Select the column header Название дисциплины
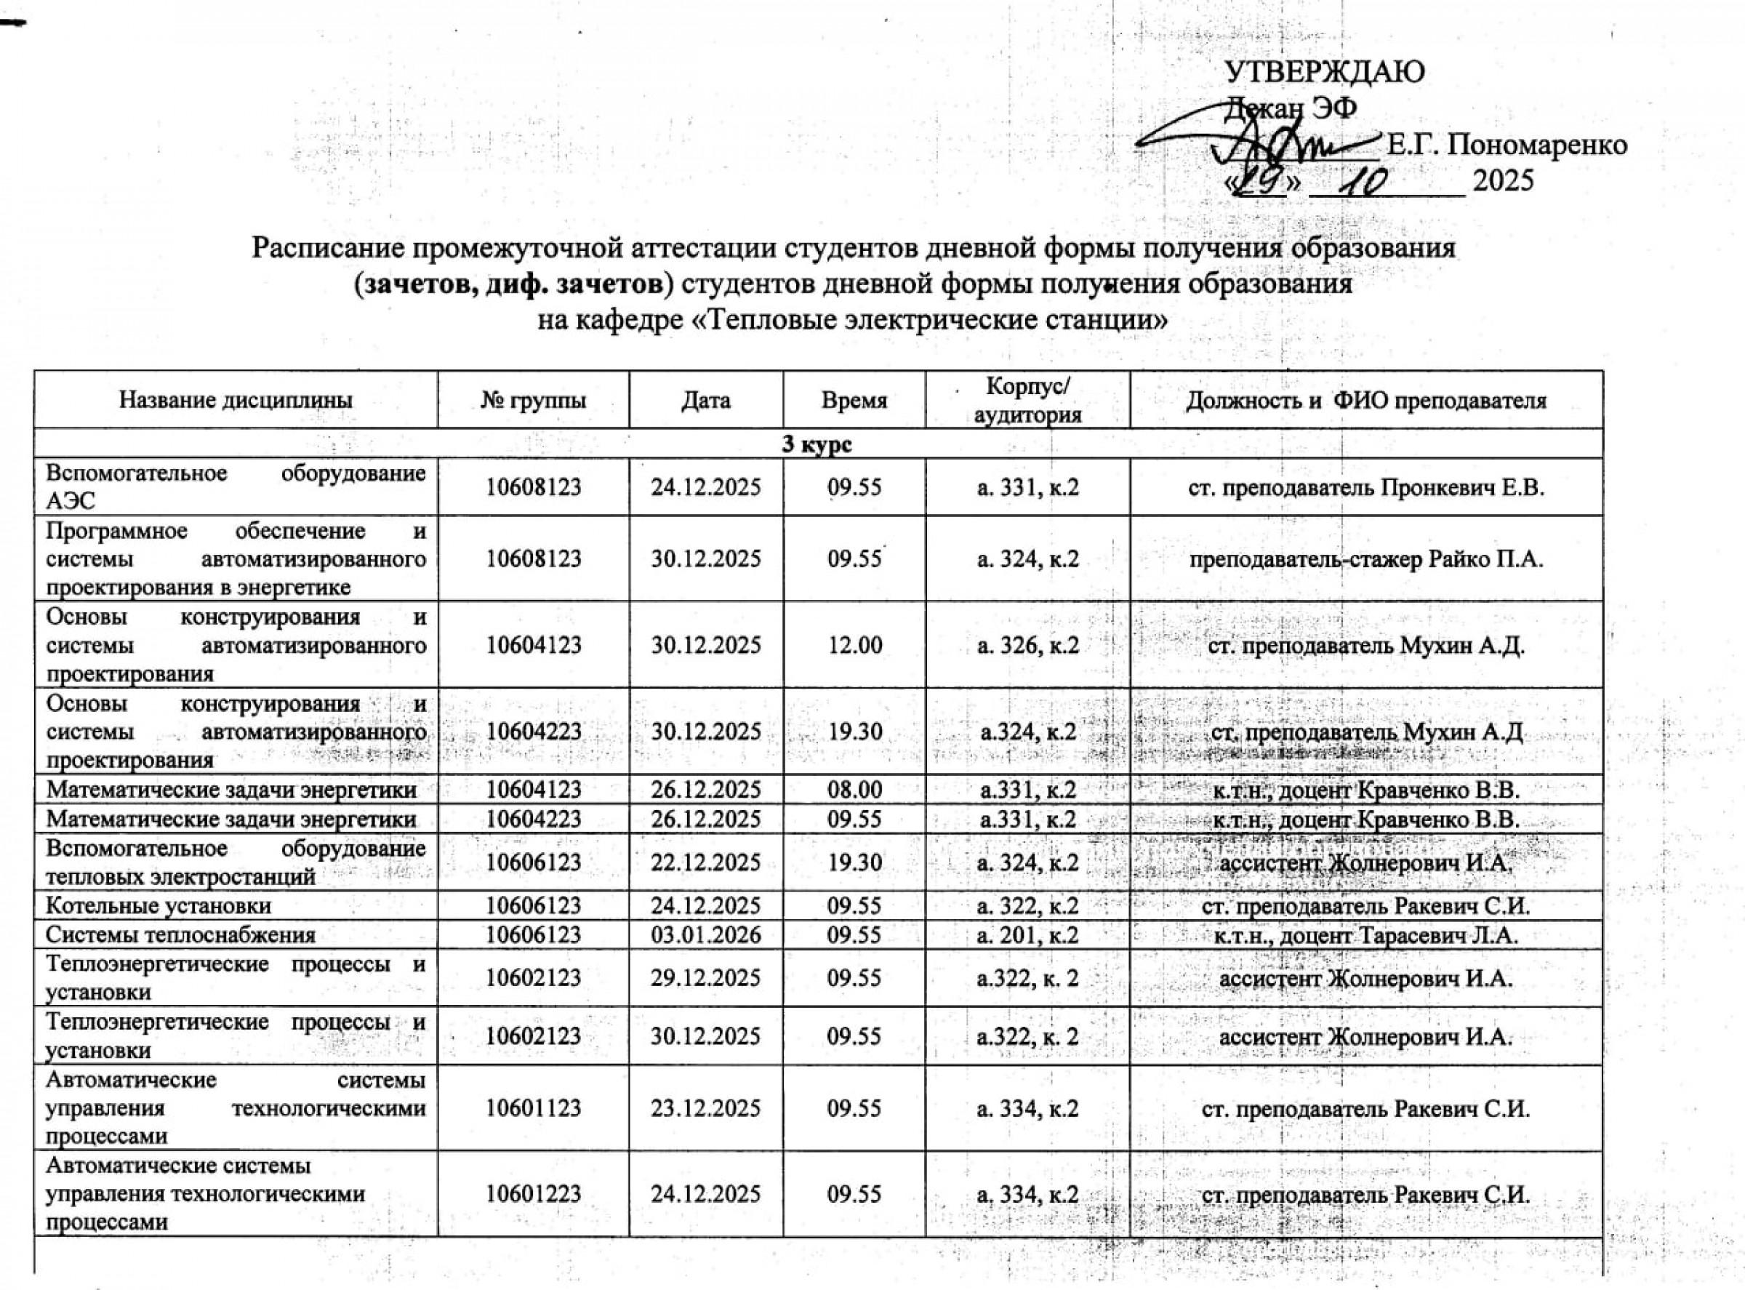click(235, 401)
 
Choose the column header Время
click(854, 401)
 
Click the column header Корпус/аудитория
click(1027, 401)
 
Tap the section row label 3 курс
click(817, 444)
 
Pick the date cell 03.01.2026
click(706, 934)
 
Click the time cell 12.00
click(854, 645)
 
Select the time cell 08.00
click(854, 790)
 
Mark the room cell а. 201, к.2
click(1027, 934)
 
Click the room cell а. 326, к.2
click(1027, 645)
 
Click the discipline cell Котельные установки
click(159, 906)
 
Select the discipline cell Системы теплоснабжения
click(180, 934)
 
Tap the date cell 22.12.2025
click(706, 862)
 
